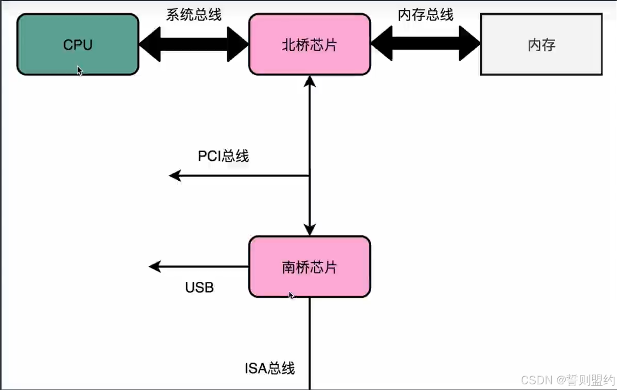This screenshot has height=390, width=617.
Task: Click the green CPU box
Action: (x=78, y=44)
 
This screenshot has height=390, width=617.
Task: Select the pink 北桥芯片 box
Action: (x=310, y=44)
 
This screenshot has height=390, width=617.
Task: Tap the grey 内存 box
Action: (x=541, y=44)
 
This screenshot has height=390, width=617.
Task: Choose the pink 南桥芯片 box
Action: (x=310, y=267)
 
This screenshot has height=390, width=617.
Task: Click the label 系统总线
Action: (x=194, y=14)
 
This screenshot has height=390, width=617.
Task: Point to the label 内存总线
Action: (x=426, y=14)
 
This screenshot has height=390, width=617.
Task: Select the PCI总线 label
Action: (x=223, y=156)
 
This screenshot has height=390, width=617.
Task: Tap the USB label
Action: (x=199, y=287)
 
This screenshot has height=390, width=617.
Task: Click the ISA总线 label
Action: (x=269, y=368)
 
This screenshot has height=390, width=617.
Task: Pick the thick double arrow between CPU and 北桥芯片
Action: (x=194, y=44)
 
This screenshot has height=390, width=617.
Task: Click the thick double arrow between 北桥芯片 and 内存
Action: (x=426, y=43)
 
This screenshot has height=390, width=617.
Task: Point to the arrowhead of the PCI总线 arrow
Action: (x=175, y=176)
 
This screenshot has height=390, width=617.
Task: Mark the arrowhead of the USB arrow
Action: (x=155, y=267)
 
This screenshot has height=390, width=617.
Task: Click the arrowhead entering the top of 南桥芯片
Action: (x=310, y=230)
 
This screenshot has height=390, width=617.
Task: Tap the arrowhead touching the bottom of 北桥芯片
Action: (x=310, y=81)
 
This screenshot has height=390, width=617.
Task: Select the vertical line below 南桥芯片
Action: (x=310, y=344)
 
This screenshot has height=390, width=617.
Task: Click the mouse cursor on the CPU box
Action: (x=80, y=71)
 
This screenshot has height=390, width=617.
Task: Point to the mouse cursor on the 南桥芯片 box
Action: (x=292, y=295)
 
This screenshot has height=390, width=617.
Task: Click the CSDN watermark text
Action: (x=568, y=380)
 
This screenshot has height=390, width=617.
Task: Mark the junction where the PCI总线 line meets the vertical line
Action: (x=310, y=176)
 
